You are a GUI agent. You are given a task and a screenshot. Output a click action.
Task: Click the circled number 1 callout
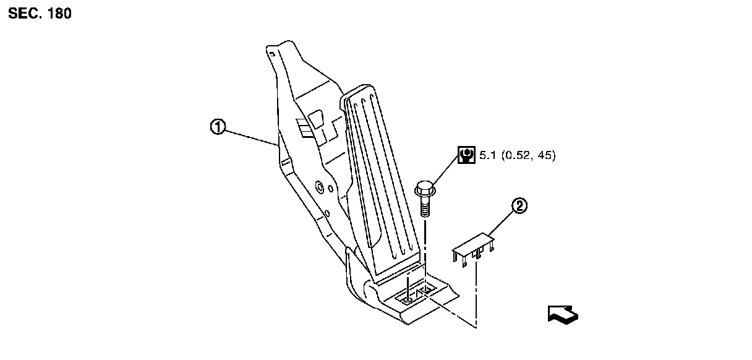(x=217, y=127)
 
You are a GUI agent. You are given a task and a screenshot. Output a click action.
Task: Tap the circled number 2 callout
(x=520, y=207)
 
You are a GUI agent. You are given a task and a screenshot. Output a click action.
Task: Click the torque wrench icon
(x=466, y=155)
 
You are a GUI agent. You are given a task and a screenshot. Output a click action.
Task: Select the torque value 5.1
(x=487, y=155)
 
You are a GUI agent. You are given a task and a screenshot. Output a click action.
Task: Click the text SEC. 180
(x=40, y=14)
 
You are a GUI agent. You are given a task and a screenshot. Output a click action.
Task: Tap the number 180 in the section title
(x=59, y=14)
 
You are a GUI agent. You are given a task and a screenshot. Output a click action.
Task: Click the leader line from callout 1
(x=250, y=137)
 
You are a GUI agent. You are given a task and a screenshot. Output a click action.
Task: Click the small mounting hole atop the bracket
(x=271, y=54)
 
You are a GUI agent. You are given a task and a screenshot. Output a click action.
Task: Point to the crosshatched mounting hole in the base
(x=424, y=289)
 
